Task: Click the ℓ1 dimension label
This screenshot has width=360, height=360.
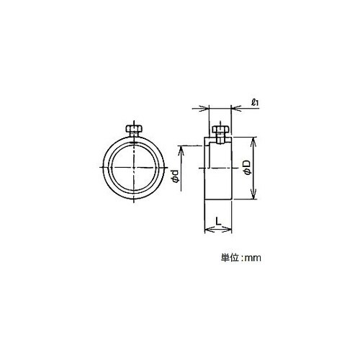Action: [254, 103]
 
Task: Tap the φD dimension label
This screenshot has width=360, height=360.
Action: [247, 167]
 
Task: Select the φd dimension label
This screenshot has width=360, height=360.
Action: [176, 176]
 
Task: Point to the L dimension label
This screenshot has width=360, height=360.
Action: [218, 220]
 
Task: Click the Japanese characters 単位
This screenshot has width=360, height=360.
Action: [230, 258]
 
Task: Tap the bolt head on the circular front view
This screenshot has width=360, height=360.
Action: [134, 129]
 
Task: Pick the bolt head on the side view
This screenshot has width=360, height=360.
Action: [220, 130]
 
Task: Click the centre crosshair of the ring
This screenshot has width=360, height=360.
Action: [134, 167]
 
